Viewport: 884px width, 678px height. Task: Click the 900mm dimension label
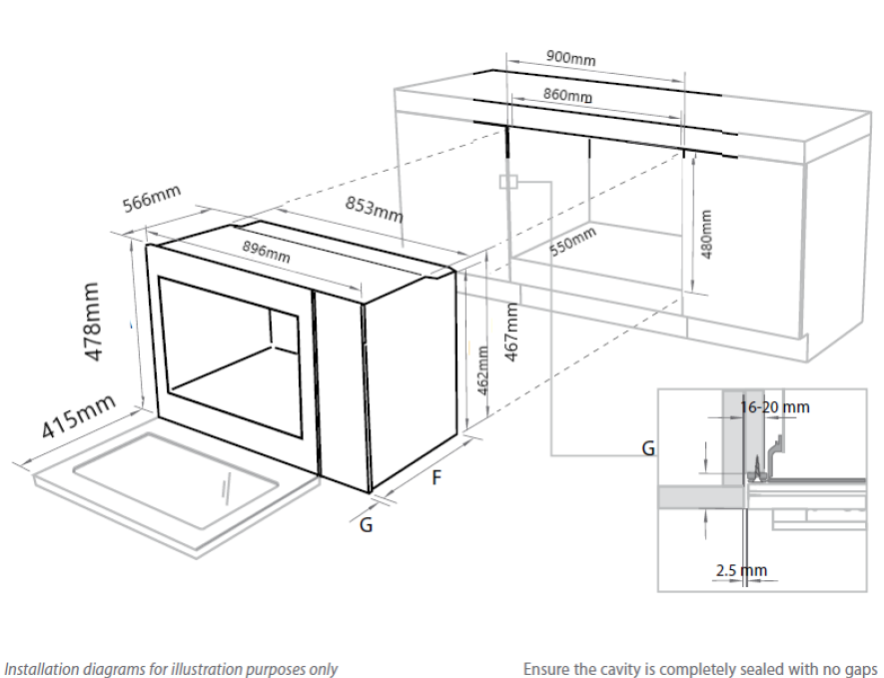click(x=571, y=58)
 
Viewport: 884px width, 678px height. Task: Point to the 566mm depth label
click(x=151, y=199)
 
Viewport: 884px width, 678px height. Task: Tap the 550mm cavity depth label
click(x=573, y=243)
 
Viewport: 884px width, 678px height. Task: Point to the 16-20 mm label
click(x=776, y=407)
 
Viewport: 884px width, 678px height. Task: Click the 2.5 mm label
click(x=741, y=571)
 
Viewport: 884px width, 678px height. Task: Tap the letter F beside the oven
click(x=436, y=478)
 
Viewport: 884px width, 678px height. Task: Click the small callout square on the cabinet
click(x=508, y=182)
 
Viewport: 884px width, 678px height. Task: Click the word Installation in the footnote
click(x=42, y=669)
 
